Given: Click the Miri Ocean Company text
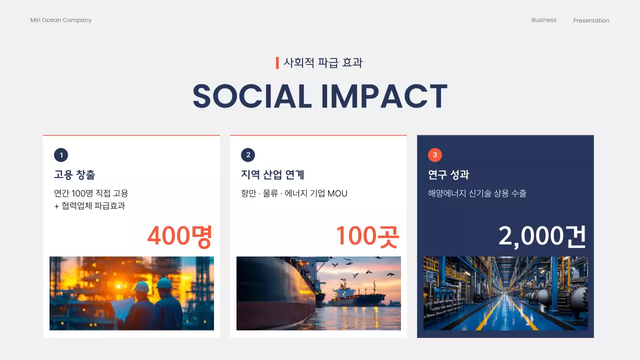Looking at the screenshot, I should [61, 20].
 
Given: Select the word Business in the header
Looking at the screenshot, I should [543, 20].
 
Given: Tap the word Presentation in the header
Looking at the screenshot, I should [591, 20].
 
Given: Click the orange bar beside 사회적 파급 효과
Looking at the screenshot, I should [277, 63].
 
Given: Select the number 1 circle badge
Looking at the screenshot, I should [61, 155].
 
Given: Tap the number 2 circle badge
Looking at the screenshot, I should [248, 155].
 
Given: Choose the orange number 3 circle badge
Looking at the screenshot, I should [435, 155].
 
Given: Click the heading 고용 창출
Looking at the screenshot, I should [74, 175].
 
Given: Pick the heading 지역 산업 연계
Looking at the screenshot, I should [272, 175].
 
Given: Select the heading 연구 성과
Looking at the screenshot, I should [448, 175].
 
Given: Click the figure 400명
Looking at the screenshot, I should [180, 236].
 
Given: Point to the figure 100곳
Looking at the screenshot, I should [367, 236].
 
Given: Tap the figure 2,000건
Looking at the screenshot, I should [542, 236].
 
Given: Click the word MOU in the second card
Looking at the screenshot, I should [337, 193].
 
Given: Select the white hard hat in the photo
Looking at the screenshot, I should [142, 286].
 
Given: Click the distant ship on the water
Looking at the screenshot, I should [356, 296].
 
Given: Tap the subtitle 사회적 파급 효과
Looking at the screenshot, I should [323, 63].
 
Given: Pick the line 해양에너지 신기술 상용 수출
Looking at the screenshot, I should [477, 193].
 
